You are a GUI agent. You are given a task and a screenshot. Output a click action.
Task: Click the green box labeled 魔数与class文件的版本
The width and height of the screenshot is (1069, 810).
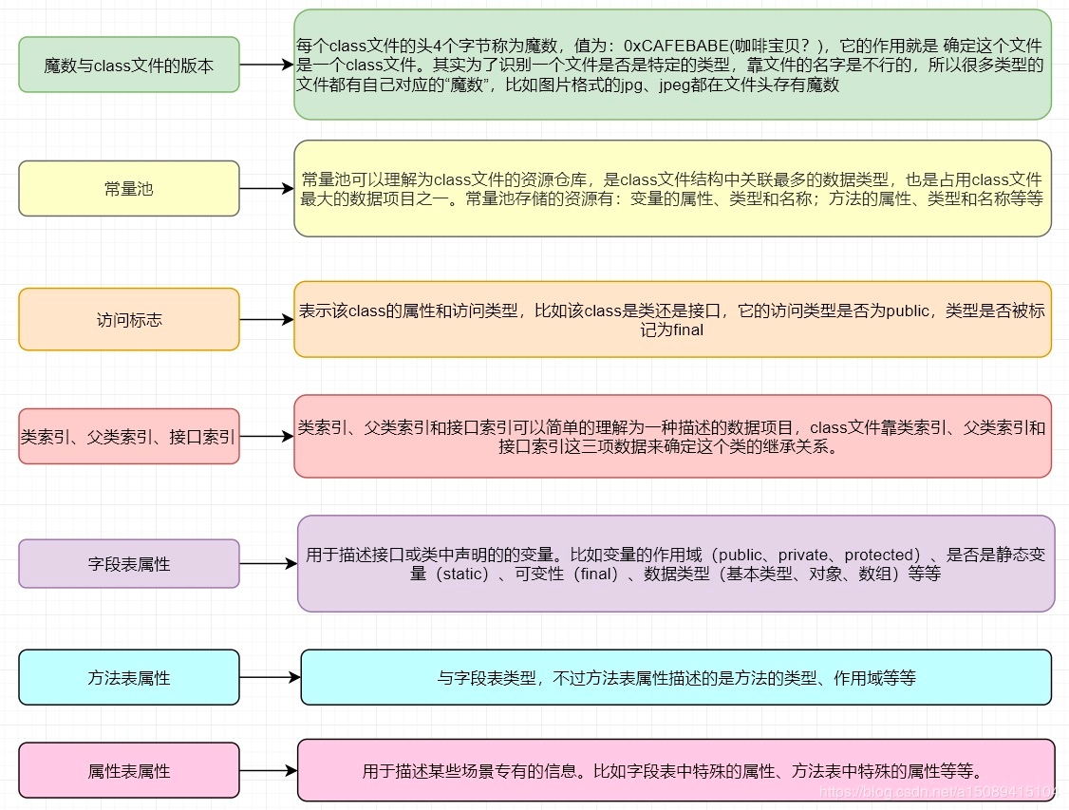pyautogui.click(x=129, y=65)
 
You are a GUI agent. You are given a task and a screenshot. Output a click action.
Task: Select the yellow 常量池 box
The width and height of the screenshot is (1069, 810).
pyautogui.click(x=129, y=188)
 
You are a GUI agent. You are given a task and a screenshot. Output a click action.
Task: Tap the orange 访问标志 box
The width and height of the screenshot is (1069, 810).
pyautogui.click(x=129, y=320)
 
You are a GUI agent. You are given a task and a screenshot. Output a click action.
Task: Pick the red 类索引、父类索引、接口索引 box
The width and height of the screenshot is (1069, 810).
pyautogui.click(x=129, y=437)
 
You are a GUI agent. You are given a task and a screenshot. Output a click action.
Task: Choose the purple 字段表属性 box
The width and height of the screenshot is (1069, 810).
pyautogui.click(x=129, y=564)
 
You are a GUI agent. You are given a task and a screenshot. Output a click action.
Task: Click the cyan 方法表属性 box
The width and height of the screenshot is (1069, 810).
pyautogui.click(x=129, y=678)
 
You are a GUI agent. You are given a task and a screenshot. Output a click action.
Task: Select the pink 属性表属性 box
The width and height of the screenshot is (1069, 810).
pyautogui.click(x=129, y=771)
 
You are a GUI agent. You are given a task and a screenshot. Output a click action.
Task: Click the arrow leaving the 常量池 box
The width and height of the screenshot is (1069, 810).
pyautogui.click(x=267, y=188)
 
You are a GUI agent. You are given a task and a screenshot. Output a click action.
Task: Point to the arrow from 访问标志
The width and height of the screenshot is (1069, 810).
pyautogui.click(x=267, y=320)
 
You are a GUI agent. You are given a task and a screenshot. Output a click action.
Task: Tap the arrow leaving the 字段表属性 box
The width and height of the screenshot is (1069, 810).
pyautogui.click(x=269, y=564)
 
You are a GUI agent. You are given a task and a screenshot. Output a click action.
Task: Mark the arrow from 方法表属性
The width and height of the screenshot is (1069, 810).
pyautogui.click(x=271, y=678)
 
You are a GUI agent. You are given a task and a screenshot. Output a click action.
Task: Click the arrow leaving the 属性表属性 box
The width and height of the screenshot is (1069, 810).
pyautogui.click(x=269, y=771)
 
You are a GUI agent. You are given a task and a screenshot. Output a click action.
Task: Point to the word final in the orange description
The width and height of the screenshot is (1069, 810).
pyautogui.click(x=686, y=330)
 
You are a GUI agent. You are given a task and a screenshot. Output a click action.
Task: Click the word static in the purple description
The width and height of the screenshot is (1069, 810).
pyautogui.click(x=460, y=574)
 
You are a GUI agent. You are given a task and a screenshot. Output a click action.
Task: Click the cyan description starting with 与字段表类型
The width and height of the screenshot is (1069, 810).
pyautogui.click(x=676, y=678)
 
